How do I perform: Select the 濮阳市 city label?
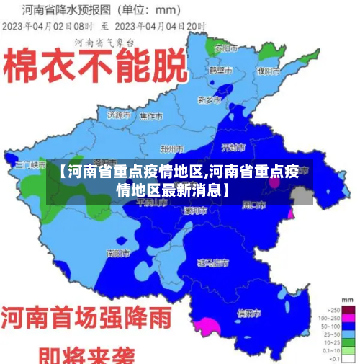(x=269, y=71)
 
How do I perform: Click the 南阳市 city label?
(x=117, y=254)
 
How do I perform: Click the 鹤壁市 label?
(x=220, y=70)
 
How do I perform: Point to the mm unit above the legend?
(x=348, y=299)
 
